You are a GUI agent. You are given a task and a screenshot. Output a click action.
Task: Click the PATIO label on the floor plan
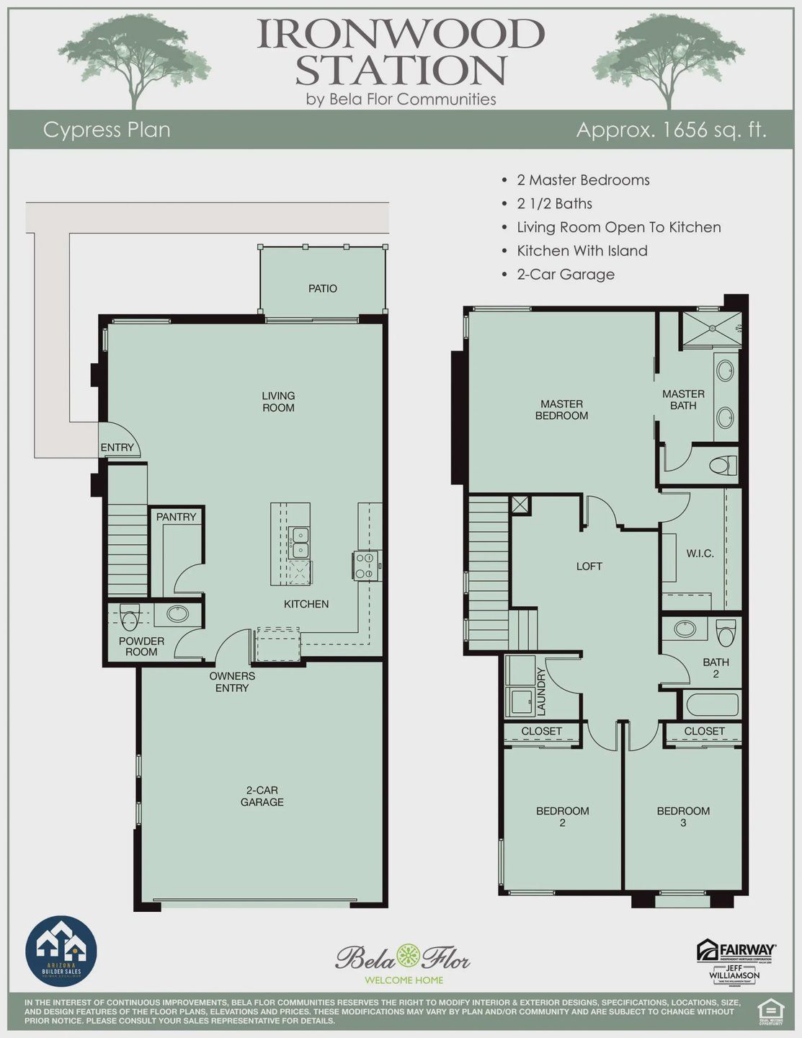[322, 288]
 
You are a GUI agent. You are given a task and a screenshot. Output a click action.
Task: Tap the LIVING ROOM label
[278, 402]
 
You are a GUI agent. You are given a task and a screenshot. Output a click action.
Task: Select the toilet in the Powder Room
[130, 617]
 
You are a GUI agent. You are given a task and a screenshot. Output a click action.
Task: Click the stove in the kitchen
[367, 565]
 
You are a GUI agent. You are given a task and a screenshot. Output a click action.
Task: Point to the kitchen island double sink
[298, 542]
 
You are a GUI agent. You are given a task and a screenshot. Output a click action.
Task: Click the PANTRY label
[176, 516]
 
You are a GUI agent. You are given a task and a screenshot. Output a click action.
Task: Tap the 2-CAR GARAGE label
[262, 796]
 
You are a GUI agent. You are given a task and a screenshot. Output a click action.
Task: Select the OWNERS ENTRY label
[232, 682]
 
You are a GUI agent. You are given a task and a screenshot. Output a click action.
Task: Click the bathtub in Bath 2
[712, 704]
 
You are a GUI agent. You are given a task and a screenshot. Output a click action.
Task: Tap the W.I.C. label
[700, 554]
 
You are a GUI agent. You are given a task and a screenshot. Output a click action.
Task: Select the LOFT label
[589, 567]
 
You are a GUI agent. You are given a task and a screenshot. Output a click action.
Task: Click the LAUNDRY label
[541, 691]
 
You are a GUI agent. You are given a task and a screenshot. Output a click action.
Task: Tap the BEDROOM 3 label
[683, 816]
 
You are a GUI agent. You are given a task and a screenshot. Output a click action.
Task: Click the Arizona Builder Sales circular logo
[61, 951]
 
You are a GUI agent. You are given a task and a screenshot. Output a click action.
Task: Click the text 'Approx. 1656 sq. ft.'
[671, 130]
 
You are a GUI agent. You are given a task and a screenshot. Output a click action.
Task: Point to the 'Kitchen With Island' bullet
[582, 251]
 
